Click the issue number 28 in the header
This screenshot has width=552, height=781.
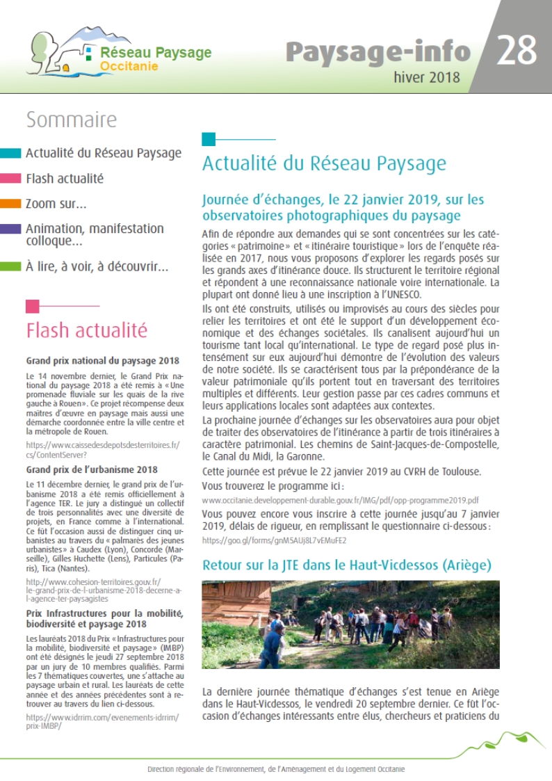point(517,50)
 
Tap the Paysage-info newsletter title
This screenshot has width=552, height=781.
point(378,51)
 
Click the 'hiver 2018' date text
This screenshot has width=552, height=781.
point(427,77)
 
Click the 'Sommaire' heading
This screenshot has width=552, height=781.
point(71,120)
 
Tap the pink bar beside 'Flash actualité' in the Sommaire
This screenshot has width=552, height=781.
point(10,179)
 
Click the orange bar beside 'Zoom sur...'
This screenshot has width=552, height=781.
point(10,204)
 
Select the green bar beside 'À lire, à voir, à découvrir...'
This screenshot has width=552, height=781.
point(10,266)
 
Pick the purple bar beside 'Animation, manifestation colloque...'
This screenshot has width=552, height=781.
point(10,228)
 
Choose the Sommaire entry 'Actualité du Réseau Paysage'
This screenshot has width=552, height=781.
point(103,154)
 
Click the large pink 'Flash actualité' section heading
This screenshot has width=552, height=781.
point(86,330)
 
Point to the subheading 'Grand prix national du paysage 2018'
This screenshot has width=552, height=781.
point(102,360)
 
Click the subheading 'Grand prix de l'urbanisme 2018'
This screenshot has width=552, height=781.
point(92,469)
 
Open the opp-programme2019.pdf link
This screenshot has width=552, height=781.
point(340,500)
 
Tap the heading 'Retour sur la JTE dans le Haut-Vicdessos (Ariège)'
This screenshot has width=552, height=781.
point(346,565)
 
